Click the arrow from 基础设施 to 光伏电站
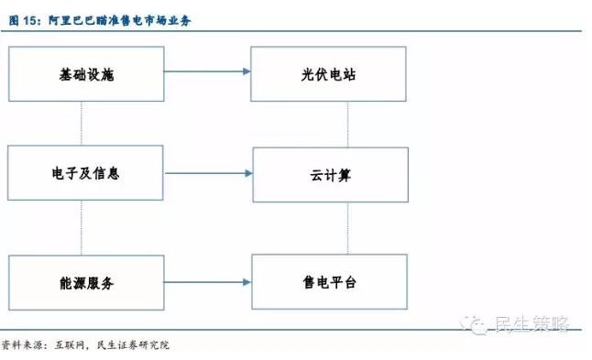click(207, 71)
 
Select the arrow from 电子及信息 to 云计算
click(209, 173)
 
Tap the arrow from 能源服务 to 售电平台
click(207, 282)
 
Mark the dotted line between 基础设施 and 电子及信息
click(82, 124)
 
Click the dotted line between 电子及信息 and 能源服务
click(82, 227)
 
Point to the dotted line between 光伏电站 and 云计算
click(347, 125)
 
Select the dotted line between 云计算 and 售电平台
click(347, 228)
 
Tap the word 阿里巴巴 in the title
click(71, 20)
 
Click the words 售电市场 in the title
click(144, 20)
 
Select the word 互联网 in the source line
click(70, 345)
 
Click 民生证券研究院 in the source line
click(133, 345)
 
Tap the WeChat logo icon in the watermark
click(474, 324)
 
